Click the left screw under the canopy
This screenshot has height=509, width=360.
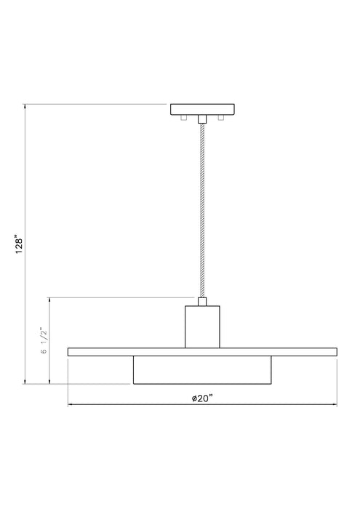[x=183, y=117]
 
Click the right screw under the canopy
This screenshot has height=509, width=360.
[x=220, y=117]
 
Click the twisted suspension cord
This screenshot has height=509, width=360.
[x=201, y=211]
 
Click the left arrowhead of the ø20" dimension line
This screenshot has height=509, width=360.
[x=70, y=404]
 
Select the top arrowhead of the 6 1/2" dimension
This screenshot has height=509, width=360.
[x=49, y=299]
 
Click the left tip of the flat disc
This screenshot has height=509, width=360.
[x=68, y=352]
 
